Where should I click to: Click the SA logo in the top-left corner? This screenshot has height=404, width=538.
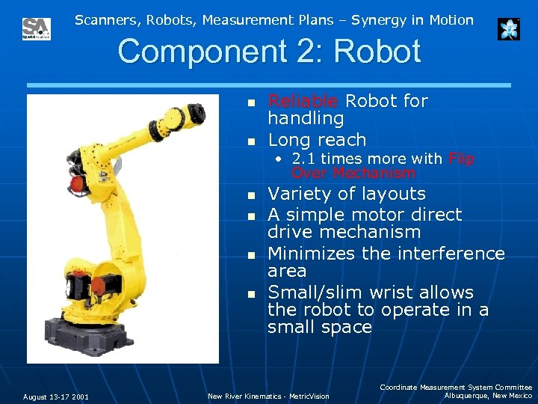[x=36, y=29]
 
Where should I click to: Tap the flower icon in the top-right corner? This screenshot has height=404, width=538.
[x=509, y=29]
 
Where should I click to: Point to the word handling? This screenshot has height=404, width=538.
[x=306, y=118]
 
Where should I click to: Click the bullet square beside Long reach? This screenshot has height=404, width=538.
[x=252, y=141]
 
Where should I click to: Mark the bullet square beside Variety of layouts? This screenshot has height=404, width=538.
[x=252, y=195]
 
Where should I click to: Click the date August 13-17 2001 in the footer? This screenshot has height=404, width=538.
[x=55, y=397]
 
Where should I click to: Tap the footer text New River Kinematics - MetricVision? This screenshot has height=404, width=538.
[x=268, y=397]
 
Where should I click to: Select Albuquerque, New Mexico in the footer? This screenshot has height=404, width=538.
[x=488, y=395]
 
